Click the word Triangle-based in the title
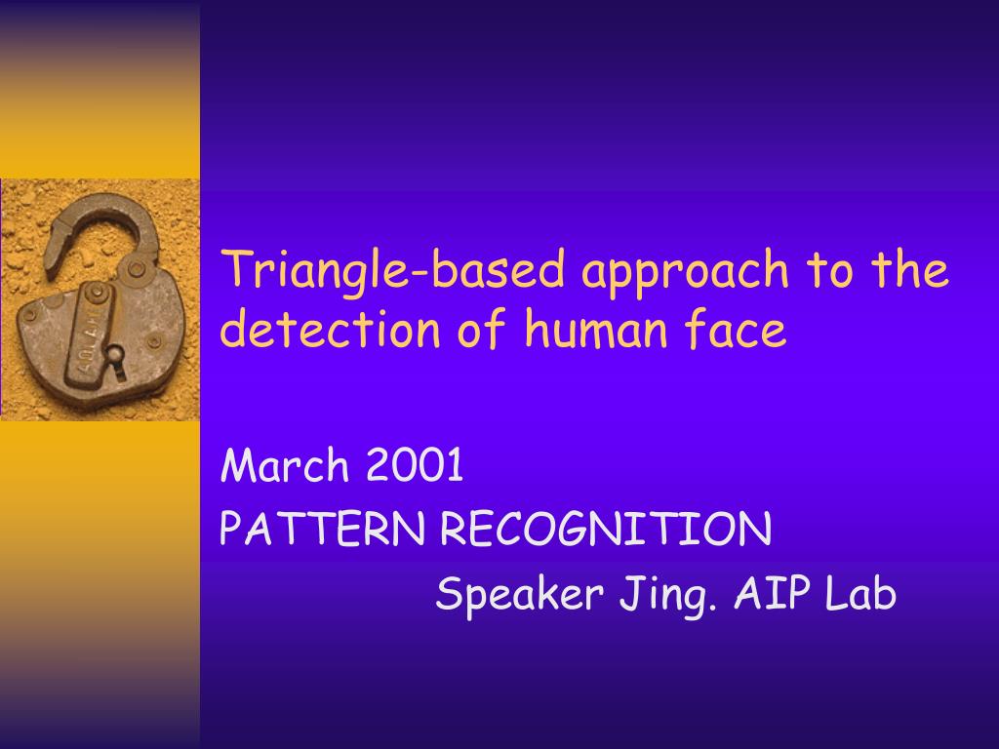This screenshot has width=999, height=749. (x=393, y=270)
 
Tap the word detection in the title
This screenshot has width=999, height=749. (x=330, y=329)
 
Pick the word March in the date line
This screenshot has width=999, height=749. (x=284, y=464)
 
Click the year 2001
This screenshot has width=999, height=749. (x=415, y=464)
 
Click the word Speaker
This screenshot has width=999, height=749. (x=520, y=595)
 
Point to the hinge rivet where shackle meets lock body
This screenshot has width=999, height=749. (x=137, y=269)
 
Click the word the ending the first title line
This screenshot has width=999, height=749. (x=910, y=269)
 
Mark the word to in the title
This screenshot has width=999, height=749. (x=830, y=270)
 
